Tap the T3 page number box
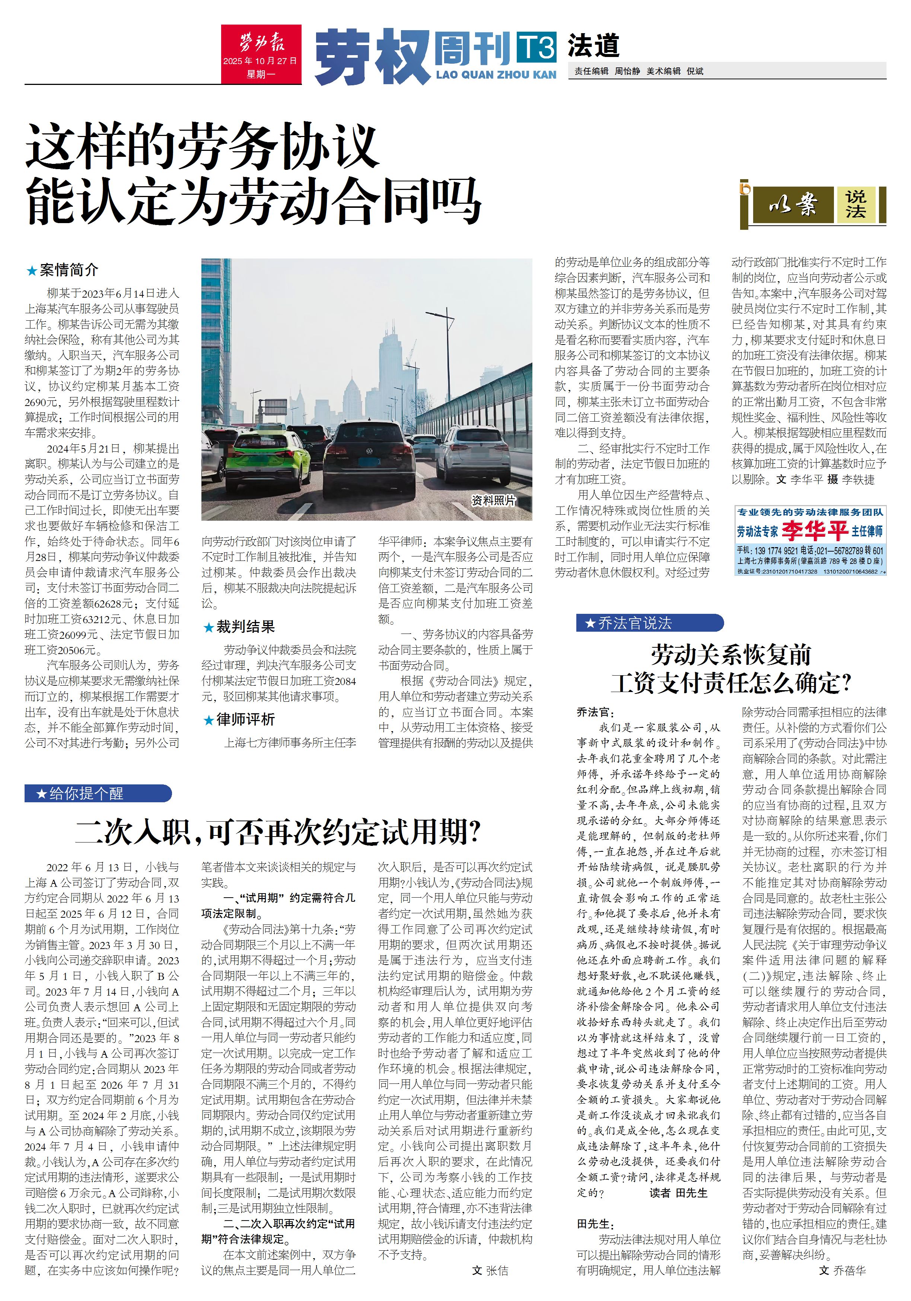(536, 47)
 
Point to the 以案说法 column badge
(813, 204)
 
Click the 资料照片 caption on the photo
(493, 500)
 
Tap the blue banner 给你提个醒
(98, 793)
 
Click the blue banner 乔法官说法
(649, 623)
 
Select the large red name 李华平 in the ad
(813, 531)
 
